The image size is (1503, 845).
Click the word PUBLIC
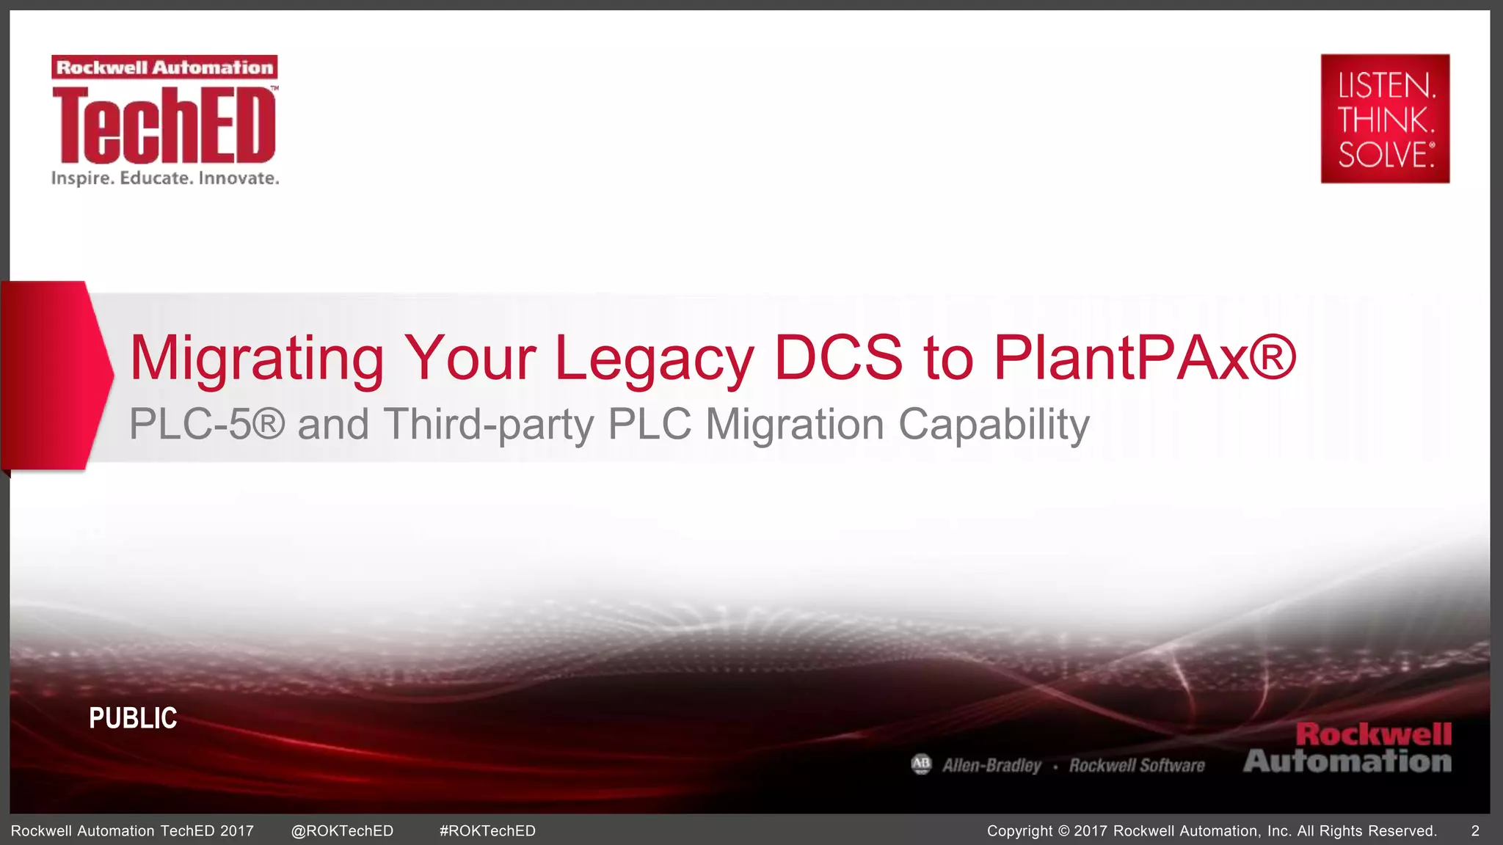click(133, 718)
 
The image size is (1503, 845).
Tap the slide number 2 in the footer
click(1475, 831)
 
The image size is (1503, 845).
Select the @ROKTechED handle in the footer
click(342, 831)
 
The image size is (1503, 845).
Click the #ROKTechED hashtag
click(487, 831)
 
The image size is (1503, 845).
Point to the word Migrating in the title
click(256, 359)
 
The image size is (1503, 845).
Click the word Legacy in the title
click(654, 359)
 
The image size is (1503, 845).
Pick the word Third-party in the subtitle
click(488, 425)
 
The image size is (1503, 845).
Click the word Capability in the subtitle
click(994, 425)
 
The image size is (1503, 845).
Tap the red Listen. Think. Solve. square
click(1385, 119)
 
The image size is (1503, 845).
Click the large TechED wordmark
click(164, 125)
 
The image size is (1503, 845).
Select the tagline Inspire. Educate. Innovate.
click(165, 178)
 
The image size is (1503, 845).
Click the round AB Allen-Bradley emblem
click(921, 764)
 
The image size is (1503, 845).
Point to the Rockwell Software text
click(1137, 766)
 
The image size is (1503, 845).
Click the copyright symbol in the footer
click(1064, 831)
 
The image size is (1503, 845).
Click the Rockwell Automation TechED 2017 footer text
click(132, 831)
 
